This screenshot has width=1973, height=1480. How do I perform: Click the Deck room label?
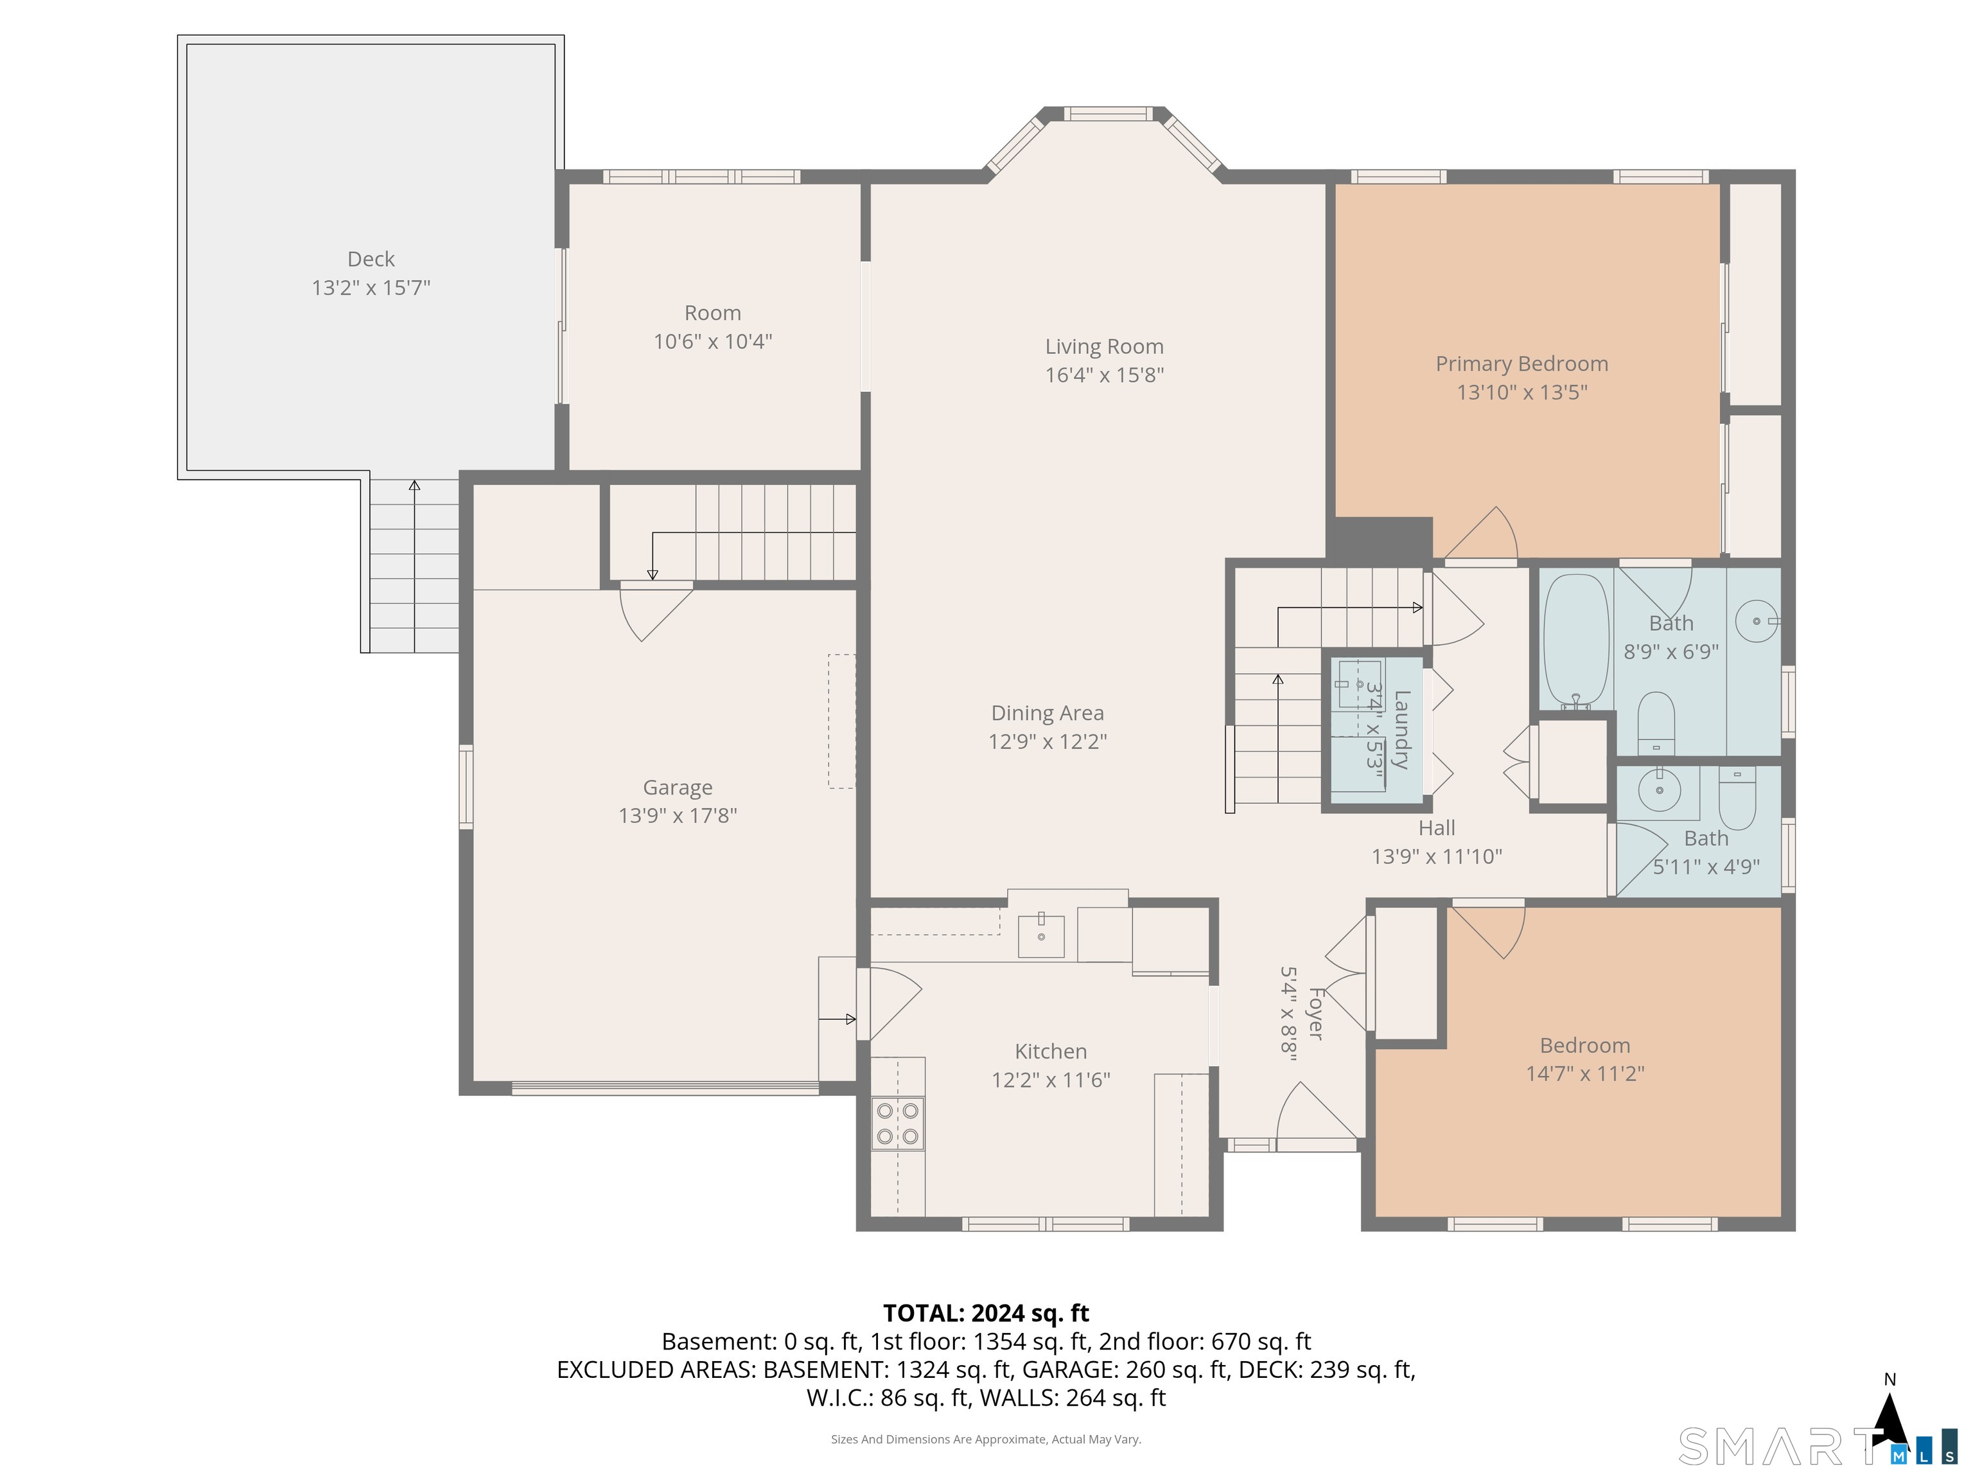click(371, 259)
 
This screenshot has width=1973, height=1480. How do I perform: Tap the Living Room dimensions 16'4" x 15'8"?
click(1104, 374)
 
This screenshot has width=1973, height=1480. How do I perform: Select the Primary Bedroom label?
click(1521, 364)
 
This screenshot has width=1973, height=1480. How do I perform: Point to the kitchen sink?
click(1041, 935)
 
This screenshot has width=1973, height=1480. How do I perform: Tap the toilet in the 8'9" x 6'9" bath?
click(1656, 723)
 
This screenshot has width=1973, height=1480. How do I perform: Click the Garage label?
click(678, 788)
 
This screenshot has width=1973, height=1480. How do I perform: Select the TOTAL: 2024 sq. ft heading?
click(986, 1313)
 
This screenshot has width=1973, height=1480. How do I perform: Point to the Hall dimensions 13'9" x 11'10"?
click(1437, 856)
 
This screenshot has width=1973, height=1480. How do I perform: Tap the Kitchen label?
click(1051, 1051)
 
